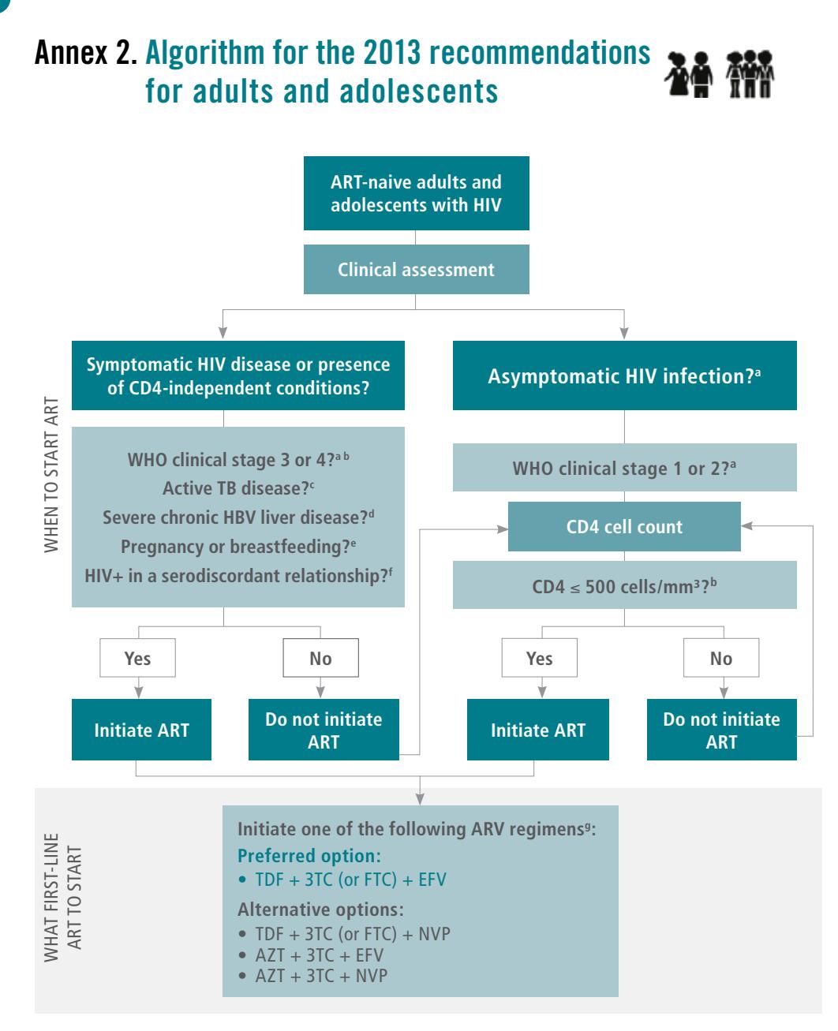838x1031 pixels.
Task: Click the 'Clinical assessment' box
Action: (x=416, y=269)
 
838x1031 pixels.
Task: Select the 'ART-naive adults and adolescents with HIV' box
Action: (x=416, y=193)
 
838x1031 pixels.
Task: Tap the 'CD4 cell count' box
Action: (x=624, y=526)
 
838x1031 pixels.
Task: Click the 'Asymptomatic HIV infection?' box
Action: (x=624, y=375)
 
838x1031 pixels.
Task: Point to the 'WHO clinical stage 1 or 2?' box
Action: (x=624, y=468)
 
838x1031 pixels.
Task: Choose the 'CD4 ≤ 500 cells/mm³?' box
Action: (x=624, y=585)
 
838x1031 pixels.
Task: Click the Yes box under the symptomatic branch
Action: (x=137, y=658)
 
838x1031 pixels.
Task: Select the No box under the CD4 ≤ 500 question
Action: (x=721, y=658)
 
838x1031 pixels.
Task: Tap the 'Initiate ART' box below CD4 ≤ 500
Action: (x=538, y=730)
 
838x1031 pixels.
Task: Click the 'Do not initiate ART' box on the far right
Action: (x=721, y=730)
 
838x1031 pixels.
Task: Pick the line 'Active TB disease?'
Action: (x=238, y=488)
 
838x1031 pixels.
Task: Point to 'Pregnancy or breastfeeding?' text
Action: (x=238, y=547)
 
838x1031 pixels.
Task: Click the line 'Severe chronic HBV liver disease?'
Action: (x=238, y=517)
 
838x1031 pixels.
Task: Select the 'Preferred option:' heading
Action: (x=309, y=856)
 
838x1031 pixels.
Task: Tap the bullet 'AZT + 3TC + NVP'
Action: (x=314, y=975)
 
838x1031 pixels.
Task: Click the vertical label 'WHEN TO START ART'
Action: (x=51, y=474)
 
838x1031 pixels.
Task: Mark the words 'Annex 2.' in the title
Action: (x=86, y=52)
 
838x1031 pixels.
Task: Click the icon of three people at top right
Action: (x=750, y=73)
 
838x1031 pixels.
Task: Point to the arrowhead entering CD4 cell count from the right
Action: (x=746, y=525)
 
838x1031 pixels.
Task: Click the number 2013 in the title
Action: (x=392, y=52)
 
